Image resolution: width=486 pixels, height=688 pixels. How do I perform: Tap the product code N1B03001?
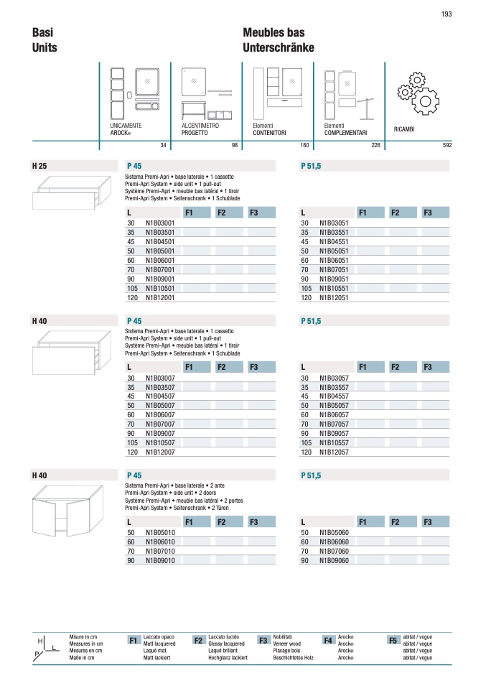(x=161, y=223)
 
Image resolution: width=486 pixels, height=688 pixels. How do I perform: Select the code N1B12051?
(x=335, y=297)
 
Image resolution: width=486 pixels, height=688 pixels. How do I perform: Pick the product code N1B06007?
(x=161, y=414)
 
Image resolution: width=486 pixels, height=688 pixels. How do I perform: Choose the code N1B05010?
(x=161, y=533)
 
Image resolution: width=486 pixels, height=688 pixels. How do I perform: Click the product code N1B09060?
(x=335, y=560)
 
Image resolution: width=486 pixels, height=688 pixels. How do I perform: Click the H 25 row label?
(x=39, y=166)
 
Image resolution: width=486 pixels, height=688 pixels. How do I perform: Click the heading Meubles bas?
(x=274, y=33)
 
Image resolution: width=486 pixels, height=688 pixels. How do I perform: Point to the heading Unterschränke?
(x=279, y=47)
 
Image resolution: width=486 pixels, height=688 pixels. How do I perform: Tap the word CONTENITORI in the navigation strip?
(x=270, y=133)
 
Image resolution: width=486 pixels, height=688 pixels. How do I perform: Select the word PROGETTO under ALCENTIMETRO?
(x=195, y=133)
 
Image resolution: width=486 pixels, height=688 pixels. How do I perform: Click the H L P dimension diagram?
(x=47, y=646)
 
